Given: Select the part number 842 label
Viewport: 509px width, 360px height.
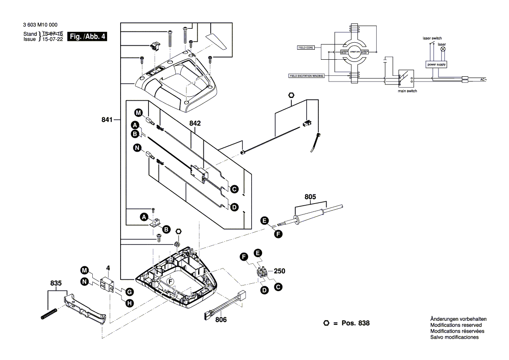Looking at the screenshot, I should [x=195, y=123].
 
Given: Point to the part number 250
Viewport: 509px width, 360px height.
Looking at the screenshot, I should [x=280, y=271].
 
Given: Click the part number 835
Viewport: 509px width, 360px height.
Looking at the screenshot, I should [x=55, y=283].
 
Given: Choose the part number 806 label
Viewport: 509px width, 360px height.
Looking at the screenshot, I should [x=221, y=319].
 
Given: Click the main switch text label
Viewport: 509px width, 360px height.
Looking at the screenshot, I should [x=408, y=91].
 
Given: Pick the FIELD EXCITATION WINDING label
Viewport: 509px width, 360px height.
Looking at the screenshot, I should [x=305, y=75].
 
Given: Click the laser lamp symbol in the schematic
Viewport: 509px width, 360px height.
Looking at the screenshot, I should [x=444, y=50].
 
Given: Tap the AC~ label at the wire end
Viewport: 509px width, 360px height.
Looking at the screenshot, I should [x=482, y=80].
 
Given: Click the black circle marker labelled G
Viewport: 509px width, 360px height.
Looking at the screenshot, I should [x=129, y=291].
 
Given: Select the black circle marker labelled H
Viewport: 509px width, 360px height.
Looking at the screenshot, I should [x=129, y=303].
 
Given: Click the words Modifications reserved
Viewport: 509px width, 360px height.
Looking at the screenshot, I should [x=456, y=325].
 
